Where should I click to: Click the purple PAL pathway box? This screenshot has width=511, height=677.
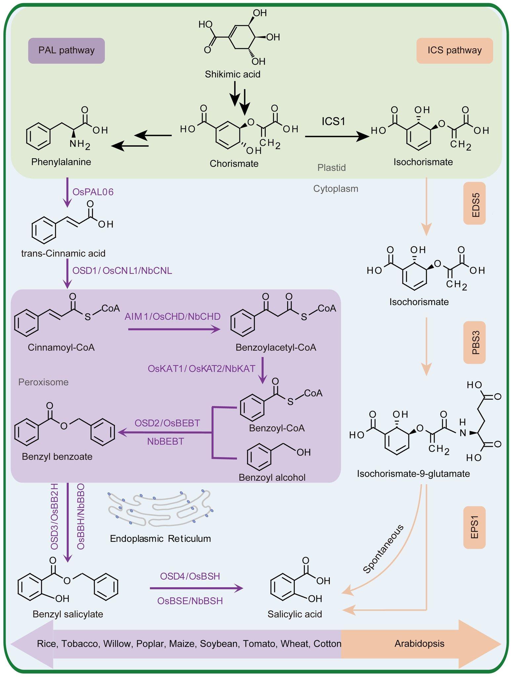(x=66, y=51)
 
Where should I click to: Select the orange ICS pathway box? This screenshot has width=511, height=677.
(x=454, y=51)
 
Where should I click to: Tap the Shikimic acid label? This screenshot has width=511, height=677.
(x=232, y=74)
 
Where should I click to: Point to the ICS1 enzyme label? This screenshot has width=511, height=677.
(x=334, y=121)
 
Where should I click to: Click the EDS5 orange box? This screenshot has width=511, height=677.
(x=474, y=203)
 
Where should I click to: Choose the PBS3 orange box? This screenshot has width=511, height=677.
(x=474, y=343)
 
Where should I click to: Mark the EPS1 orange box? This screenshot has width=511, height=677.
(x=474, y=528)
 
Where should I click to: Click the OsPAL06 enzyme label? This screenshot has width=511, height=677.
(x=93, y=192)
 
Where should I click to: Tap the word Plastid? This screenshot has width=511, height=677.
(x=332, y=168)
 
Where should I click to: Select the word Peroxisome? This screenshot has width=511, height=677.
(x=43, y=382)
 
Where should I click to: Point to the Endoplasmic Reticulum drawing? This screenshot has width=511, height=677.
(x=160, y=509)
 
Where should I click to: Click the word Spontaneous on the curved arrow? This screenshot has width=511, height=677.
(x=383, y=549)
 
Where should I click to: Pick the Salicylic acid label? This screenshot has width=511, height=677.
(x=295, y=614)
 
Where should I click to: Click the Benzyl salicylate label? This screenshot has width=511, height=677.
(x=68, y=614)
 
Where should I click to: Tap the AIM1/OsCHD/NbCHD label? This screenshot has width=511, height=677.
(x=172, y=317)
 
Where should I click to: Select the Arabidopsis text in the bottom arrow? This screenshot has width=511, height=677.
(x=419, y=644)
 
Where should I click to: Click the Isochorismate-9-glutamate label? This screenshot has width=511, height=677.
(x=413, y=474)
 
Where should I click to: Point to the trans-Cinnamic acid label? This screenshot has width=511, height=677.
(x=63, y=254)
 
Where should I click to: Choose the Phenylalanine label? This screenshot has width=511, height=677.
(x=61, y=162)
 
